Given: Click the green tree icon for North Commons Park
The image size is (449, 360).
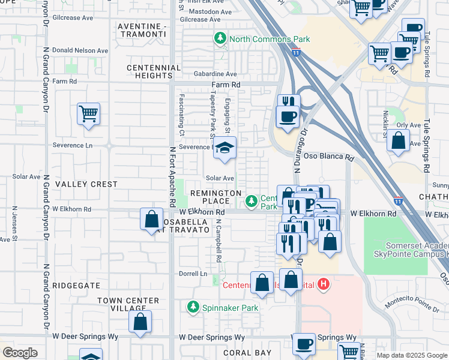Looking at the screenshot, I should tap(221, 39).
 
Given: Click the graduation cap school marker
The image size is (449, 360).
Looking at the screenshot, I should tap(224, 148).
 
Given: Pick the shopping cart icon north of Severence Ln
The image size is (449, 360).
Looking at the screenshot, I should tap(88, 113).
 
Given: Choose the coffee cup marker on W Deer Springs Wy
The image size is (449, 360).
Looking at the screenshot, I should tap(304, 344).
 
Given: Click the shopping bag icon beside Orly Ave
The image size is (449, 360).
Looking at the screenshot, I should tap(398, 141).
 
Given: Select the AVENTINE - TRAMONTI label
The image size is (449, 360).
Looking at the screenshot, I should tap(141, 31).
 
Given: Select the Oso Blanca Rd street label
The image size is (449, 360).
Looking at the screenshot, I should tap(328, 157).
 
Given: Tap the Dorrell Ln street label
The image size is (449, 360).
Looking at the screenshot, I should tap(192, 274).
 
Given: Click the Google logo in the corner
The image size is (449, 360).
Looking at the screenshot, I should tap(20, 353).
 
